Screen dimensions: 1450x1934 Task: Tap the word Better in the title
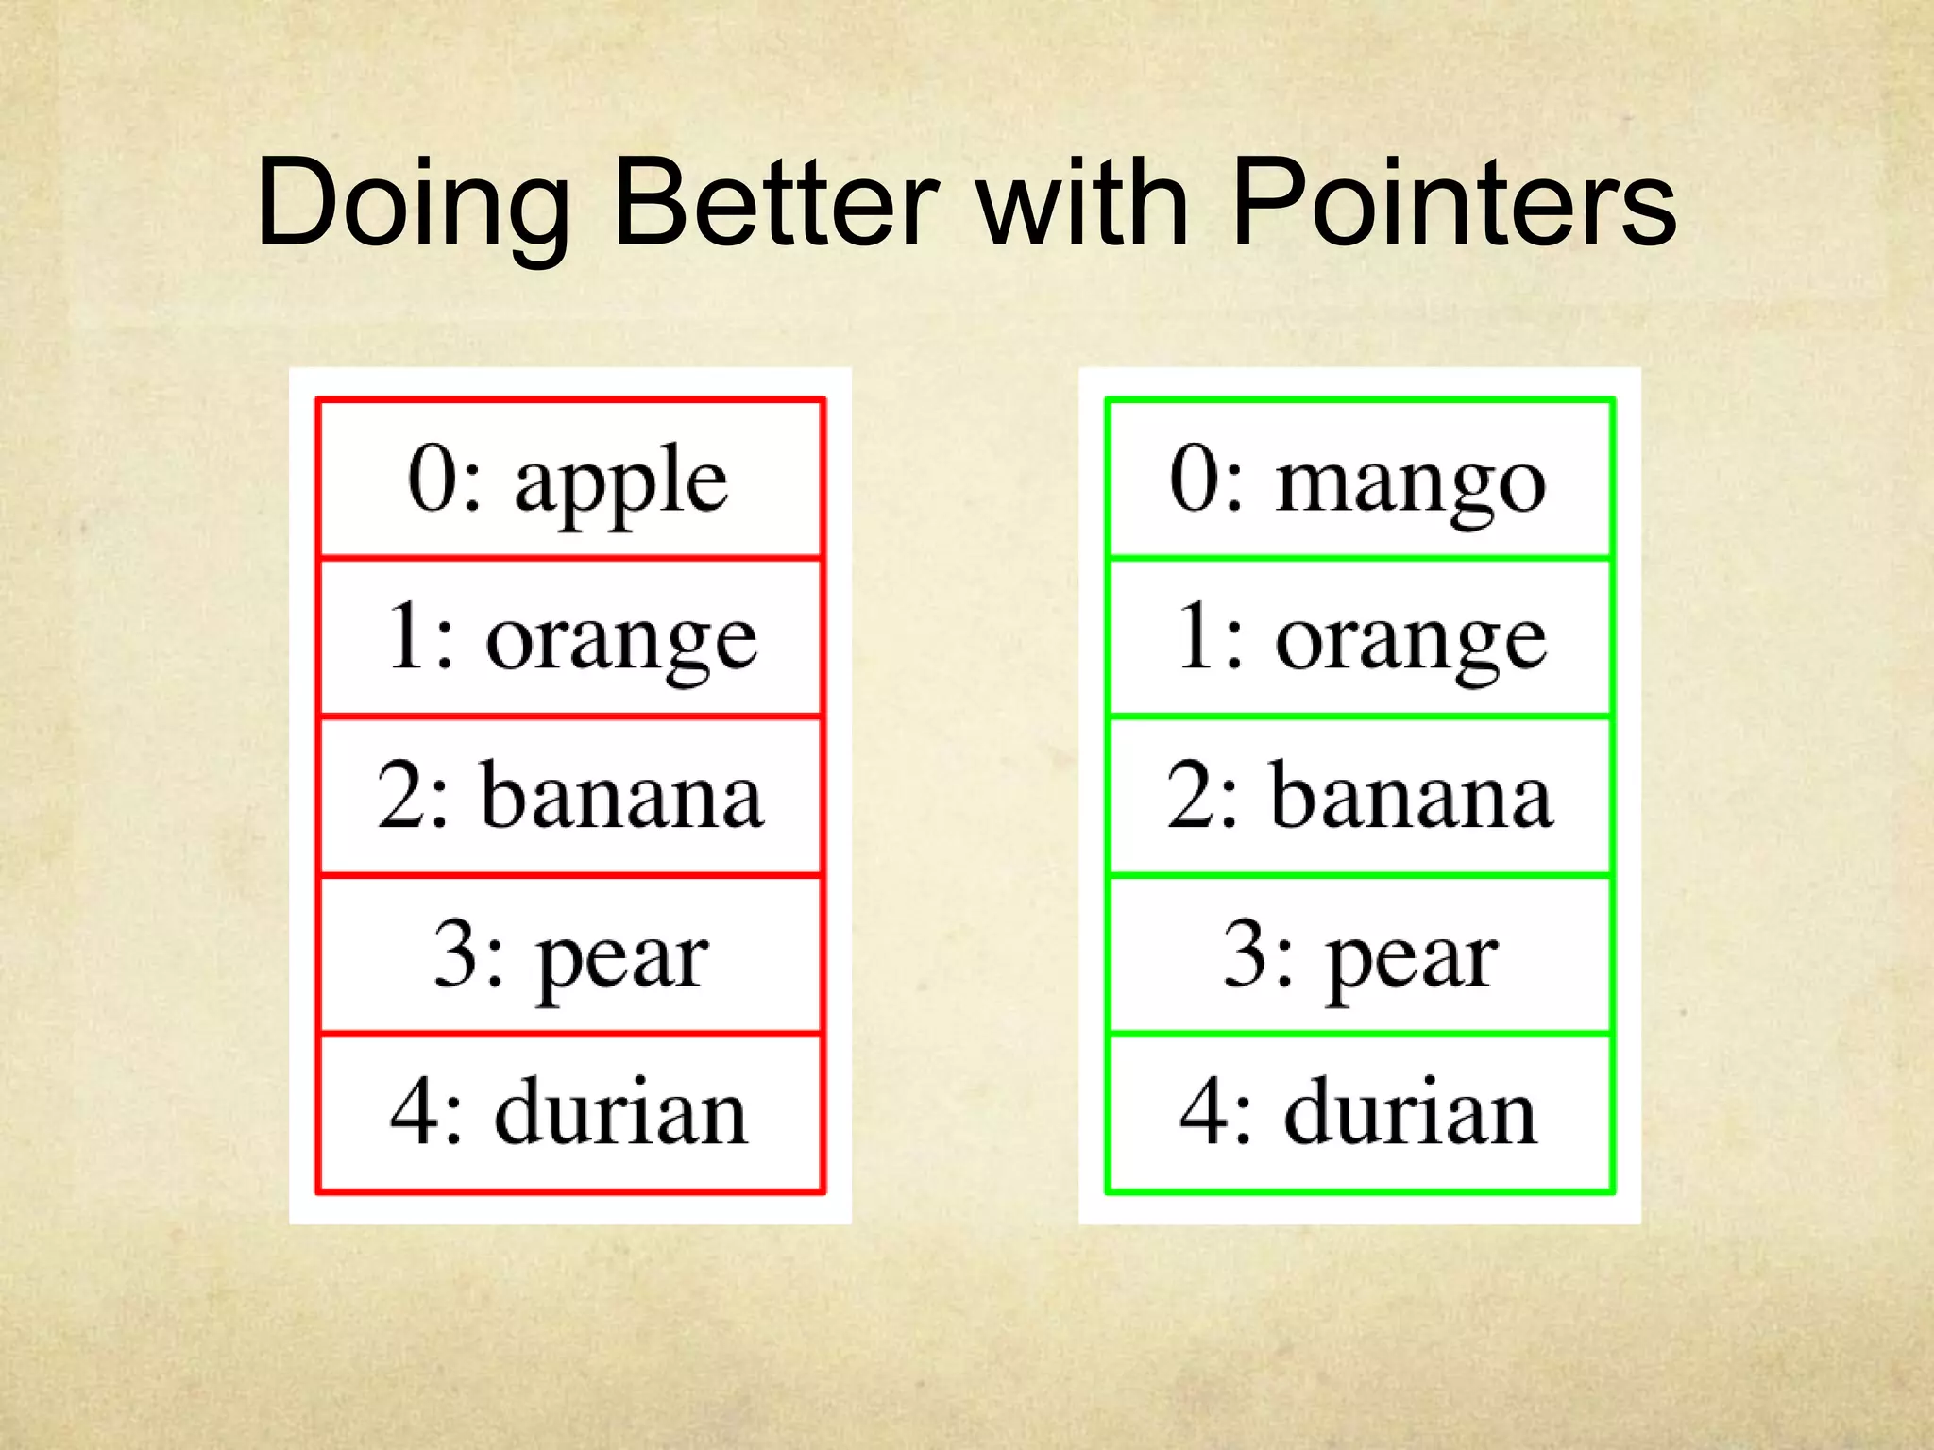775,202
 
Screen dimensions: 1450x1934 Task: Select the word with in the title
1082,202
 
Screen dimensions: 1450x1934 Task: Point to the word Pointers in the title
1454,202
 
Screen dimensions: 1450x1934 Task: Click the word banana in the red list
621,798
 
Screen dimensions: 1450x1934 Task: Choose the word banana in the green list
1411,798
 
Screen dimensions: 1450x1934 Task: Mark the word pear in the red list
623,959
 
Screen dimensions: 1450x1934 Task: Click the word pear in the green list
1413,959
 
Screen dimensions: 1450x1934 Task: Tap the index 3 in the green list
1247,953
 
